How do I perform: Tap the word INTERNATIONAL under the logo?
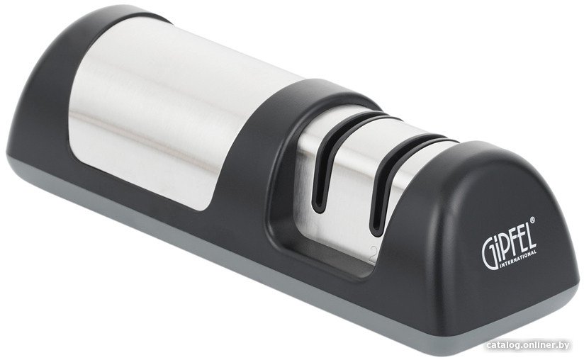(x=517, y=259)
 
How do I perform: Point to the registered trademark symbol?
(x=532, y=220)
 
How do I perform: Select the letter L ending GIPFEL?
(x=532, y=237)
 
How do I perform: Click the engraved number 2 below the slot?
(x=373, y=254)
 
